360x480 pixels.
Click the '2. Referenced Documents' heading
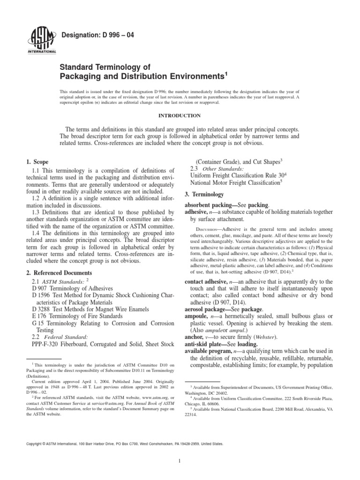point(59,272)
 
